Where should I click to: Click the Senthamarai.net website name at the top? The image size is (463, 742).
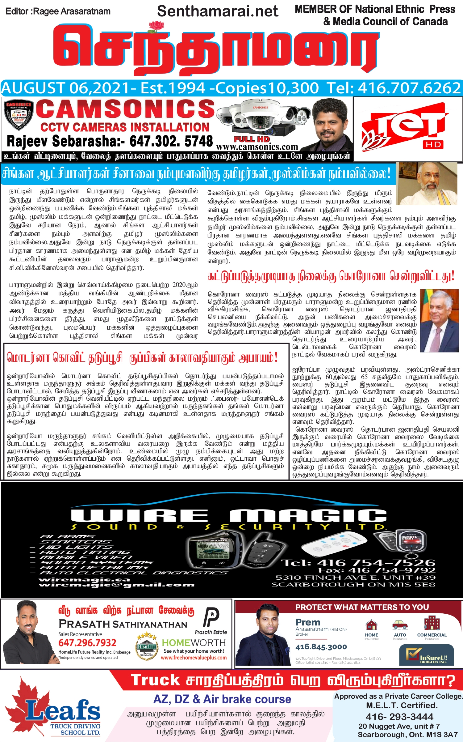(x=218, y=11)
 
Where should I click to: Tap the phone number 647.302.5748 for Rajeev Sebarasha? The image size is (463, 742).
(x=171, y=142)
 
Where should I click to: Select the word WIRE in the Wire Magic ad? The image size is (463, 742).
(x=140, y=516)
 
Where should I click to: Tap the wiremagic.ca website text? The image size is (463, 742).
(x=84, y=579)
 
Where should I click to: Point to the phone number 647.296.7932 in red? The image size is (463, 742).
(x=87, y=643)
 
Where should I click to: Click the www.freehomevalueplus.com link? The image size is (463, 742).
(x=194, y=658)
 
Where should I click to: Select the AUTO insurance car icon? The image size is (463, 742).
(x=400, y=625)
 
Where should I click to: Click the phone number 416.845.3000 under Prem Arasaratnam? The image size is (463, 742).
(x=321, y=647)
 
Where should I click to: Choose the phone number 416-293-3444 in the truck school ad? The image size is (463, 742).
(x=399, y=716)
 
